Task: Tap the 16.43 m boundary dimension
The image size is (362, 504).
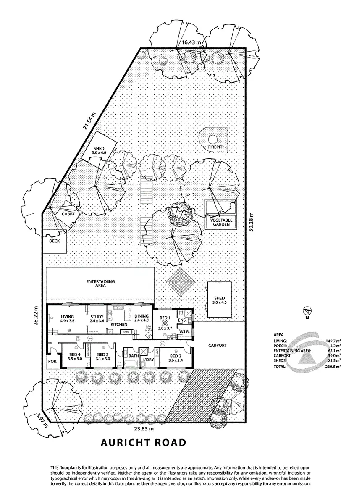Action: tap(192, 42)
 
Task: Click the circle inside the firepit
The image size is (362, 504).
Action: tap(213, 139)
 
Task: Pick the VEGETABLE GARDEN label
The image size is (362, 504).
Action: tap(220, 222)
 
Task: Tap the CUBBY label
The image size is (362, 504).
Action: tap(68, 214)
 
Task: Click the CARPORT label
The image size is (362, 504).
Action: tap(217, 346)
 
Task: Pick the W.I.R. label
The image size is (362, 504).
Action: tap(185, 332)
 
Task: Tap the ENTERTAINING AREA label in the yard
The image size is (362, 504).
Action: tap(100, 283)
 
